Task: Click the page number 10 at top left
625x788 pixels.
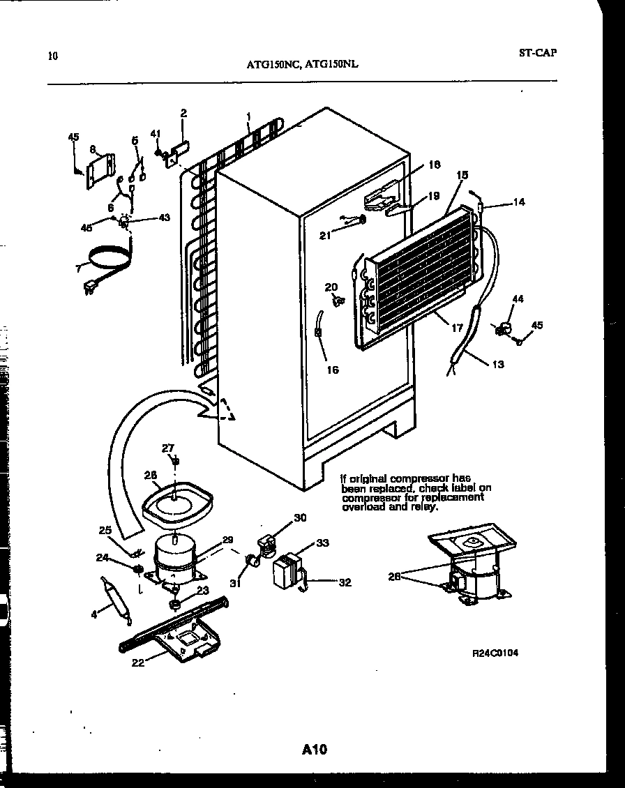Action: (x=52, y=56)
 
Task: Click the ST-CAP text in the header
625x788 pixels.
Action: (x=538, y=52)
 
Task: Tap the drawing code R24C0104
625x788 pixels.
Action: (x=495, y=653)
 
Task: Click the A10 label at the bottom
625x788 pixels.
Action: (x=315, y=750)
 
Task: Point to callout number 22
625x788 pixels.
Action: (x=138, y=662)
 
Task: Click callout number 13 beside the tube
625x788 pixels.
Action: (x=497, y=364)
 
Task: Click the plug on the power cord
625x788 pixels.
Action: (x=90, y=287)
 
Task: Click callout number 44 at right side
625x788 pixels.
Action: (x=518, y=298)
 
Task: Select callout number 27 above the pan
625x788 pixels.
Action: (x=168, y=448)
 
